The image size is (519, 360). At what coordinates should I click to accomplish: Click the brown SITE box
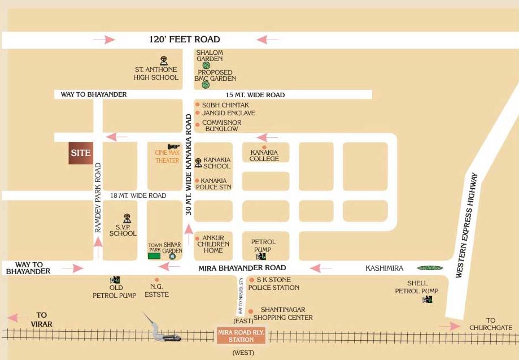[81, 153]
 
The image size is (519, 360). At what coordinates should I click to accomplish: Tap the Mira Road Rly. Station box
[241, 336]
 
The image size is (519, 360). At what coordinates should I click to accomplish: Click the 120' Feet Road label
[184, 40]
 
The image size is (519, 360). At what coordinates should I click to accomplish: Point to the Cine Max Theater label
[167, 157]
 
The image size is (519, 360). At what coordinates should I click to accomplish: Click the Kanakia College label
[264, 155]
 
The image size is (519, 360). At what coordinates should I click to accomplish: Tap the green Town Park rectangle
[154, 256]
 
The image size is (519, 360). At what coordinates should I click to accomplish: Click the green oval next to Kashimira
[430, 268]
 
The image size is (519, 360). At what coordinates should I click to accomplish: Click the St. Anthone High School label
[156, 73]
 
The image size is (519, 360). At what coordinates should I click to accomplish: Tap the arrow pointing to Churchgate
[450, 326]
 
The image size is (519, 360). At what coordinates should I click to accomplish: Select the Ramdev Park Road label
[98, 198]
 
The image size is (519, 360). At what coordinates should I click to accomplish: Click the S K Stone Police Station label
[277, 284]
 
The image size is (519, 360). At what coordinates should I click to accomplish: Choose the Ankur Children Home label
[216, 244]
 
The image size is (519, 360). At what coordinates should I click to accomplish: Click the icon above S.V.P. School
[127, 217]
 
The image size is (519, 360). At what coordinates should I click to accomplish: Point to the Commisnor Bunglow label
[221, 125]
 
